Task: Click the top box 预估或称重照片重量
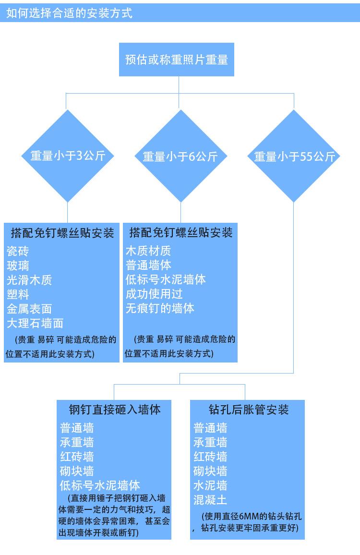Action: (x=176, y=60)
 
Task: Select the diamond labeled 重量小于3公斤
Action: (x=68, y=156)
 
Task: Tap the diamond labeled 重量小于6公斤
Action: (x=180, y=157)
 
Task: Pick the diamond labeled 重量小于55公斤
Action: (x=294, y=157)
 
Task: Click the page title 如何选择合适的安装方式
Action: (x=69, y=13)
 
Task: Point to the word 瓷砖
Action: (x=18, y=251)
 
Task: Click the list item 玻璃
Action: (x=18, y=265)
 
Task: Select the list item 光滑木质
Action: (x=29, y=280)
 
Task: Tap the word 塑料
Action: (x=18, y=294)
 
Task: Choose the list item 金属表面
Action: (x=29, y=309)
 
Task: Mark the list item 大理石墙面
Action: (x=35, y=323)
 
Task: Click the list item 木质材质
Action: (x=148, y=251)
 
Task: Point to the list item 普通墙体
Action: (x=148, y=265)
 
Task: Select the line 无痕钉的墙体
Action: (x=159, y=308)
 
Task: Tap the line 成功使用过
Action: (x=154, y=294)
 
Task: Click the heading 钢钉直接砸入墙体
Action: (x=114, y=410)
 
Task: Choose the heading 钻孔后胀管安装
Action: (x=249, y=410)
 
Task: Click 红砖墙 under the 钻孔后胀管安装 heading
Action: (x=210, y=456)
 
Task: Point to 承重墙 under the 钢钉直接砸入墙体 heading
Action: (x=77, y=442)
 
